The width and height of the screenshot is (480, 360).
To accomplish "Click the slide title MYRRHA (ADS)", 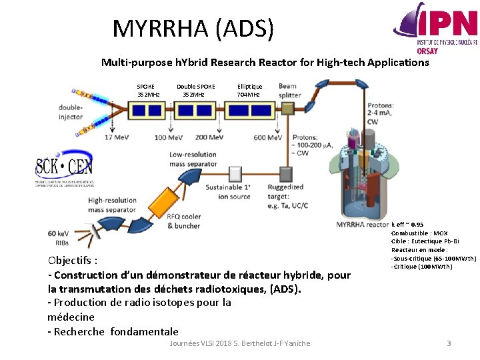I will [x=193, y=29].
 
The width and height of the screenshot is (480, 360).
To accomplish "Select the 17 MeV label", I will [x=117, y=137].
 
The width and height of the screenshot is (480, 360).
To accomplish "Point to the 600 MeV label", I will [x=268, y=137].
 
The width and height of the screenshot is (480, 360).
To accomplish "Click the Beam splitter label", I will [x=289, y=90].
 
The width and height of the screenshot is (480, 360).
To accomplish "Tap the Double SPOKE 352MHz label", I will [x=195, y=90].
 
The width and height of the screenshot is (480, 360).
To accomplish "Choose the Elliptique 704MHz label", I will [x=249, y=90].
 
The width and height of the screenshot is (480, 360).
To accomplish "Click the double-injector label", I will [x=70, y=112].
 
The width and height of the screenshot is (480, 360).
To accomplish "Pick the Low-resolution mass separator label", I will [x=193, y=159].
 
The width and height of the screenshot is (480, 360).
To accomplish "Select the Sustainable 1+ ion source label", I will [x=229, y=191].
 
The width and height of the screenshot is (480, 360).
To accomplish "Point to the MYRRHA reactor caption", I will [x=363, y=225].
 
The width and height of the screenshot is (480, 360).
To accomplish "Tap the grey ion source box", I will [x=235, y=174].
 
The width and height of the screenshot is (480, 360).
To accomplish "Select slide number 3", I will [x=449, y=343].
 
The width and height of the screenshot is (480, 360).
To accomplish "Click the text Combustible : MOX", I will [x=419, y=233].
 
